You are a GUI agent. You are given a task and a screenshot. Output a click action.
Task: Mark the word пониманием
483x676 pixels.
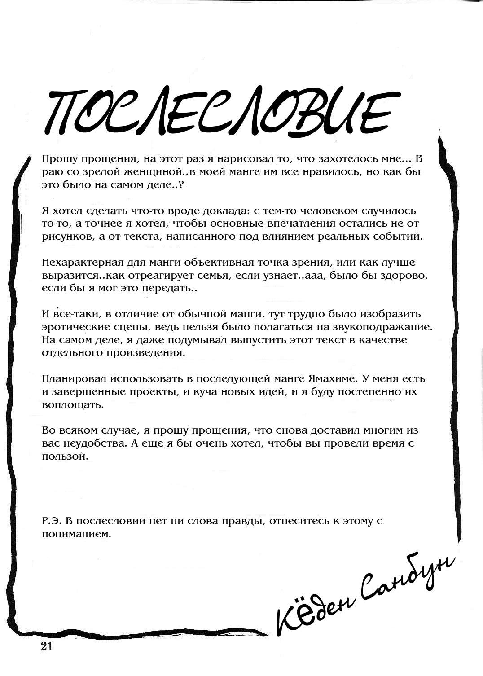[x=76, y=534]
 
